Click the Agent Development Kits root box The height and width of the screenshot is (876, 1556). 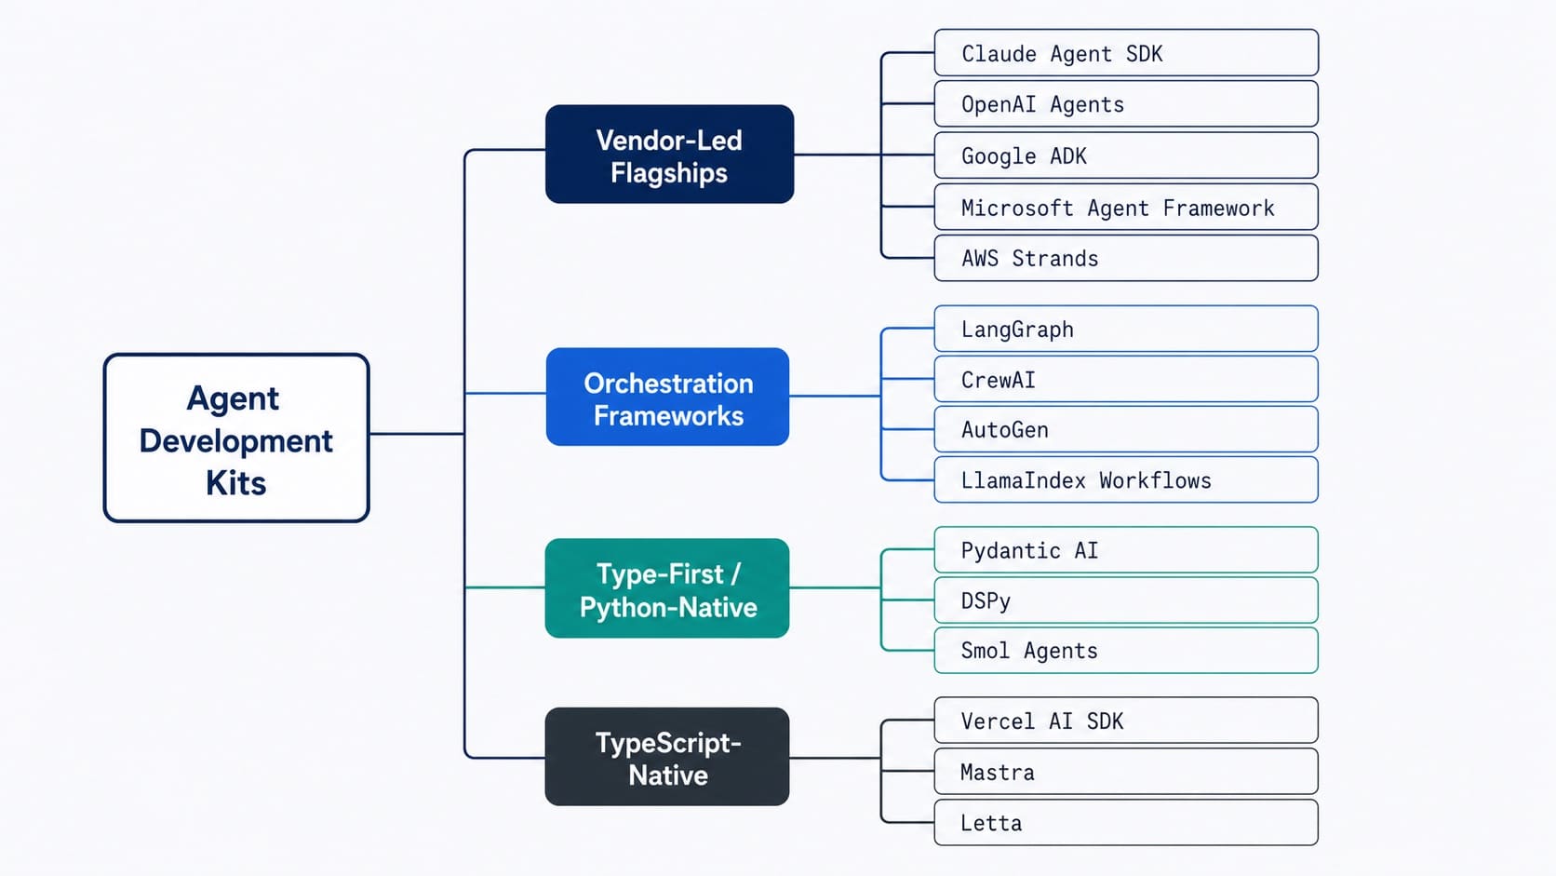236,438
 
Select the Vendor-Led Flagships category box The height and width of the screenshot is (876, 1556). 669,155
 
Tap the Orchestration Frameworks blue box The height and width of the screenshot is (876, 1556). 667,398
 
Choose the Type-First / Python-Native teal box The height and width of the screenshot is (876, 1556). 667,588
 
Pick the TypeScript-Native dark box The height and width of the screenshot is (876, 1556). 667,757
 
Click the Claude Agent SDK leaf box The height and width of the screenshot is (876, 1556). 1126,53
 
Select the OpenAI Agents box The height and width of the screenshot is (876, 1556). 1126,104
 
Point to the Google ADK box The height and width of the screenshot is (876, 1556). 1126,155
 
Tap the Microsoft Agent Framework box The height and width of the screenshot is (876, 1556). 1126,207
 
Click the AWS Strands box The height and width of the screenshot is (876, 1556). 1126,258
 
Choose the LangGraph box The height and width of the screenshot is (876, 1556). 1126,329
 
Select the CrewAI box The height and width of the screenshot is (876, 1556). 1126,379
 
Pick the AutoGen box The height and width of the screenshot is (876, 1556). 1126,429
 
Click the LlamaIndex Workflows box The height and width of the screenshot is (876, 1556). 1126,479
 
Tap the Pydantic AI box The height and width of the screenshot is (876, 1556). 1126,550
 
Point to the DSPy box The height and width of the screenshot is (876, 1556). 1126,600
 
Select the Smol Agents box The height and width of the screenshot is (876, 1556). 1126,651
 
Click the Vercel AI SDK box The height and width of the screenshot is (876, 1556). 1126,721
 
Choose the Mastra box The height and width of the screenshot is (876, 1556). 1126,772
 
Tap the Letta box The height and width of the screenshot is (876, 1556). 1126,823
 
